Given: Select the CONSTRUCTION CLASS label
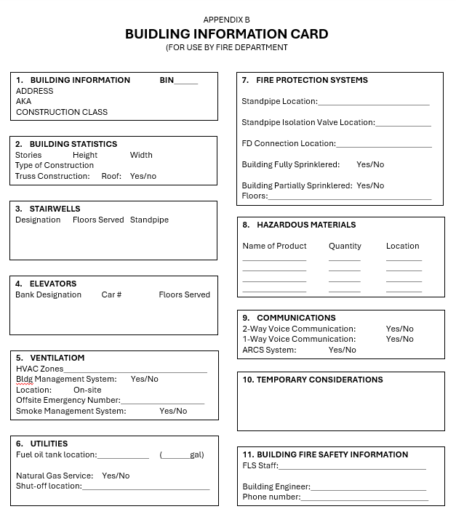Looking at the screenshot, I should pyautogui.click(x=62, y=112).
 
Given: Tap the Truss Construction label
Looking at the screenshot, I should pyautogui.click(x=53, y=176).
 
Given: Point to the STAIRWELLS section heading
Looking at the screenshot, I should pyautogui.click(x=55, y=209).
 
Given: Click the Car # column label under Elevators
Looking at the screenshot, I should pyautogui.click(x=111, y=294).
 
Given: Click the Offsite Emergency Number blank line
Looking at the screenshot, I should pyautogui.click(x=163, y=401).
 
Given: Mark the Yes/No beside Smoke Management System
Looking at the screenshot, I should pyautogui.click(x=173, y=411).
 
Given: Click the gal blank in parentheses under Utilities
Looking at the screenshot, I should pyautogui.click(x=176, y=456).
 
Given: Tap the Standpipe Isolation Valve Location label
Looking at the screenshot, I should pyautogui.click(x=308, y=122).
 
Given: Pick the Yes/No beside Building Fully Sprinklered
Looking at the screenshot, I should pyautogui.click(x=370, y=164).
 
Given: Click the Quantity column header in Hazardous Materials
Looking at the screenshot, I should pyautogui.click(x=345, y=246).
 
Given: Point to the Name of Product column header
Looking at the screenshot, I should pyautogui.click(x=274, y=246).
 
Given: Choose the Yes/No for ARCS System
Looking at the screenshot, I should pyautogui.click(x=343, y=350).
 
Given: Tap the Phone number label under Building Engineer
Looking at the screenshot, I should pyautogui.click(x=271, y=497).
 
